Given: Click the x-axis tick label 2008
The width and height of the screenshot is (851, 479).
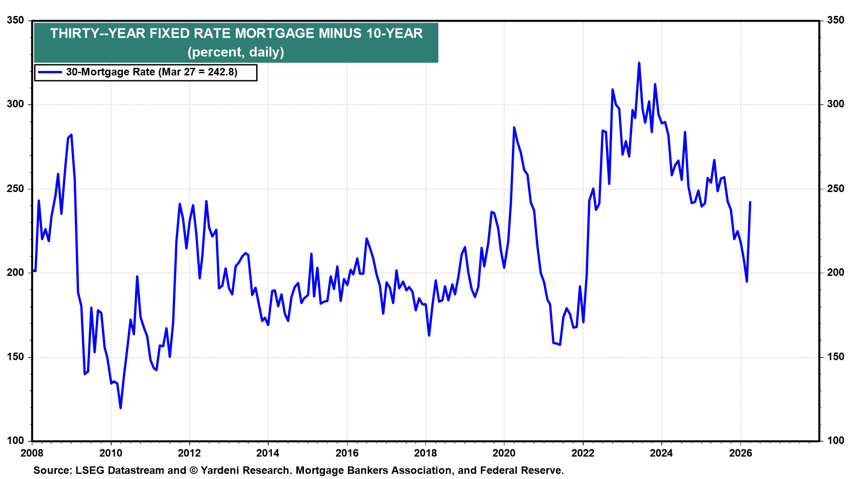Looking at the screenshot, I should [32, 453].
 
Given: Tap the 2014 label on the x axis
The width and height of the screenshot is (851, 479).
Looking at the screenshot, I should [268, 453].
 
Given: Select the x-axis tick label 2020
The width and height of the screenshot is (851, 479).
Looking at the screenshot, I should [504, 453].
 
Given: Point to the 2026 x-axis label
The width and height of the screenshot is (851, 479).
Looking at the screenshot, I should [740, 453].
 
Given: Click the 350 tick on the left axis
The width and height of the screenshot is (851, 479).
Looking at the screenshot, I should [16, 20].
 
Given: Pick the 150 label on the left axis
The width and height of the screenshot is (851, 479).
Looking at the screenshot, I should [16, 357].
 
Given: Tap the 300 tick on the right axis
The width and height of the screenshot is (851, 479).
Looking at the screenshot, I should [835, 104].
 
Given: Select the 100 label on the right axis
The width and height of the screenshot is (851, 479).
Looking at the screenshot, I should [835, 441].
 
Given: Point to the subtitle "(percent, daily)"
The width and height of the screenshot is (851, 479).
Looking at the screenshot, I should [236, 52].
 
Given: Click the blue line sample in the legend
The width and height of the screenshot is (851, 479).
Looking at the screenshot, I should [50, 72].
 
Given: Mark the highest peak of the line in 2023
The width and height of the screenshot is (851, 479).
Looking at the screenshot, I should [639, 63].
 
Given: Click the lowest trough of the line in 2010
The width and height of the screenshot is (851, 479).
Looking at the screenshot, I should [121, 408].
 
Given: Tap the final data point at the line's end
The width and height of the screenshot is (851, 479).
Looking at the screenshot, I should [750, 202].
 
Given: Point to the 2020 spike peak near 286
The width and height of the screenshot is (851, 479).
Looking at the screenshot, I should [514, 128].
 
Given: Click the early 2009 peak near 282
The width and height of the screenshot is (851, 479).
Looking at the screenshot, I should [71, 135].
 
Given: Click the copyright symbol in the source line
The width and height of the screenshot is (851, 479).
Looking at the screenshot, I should [193, 471].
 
